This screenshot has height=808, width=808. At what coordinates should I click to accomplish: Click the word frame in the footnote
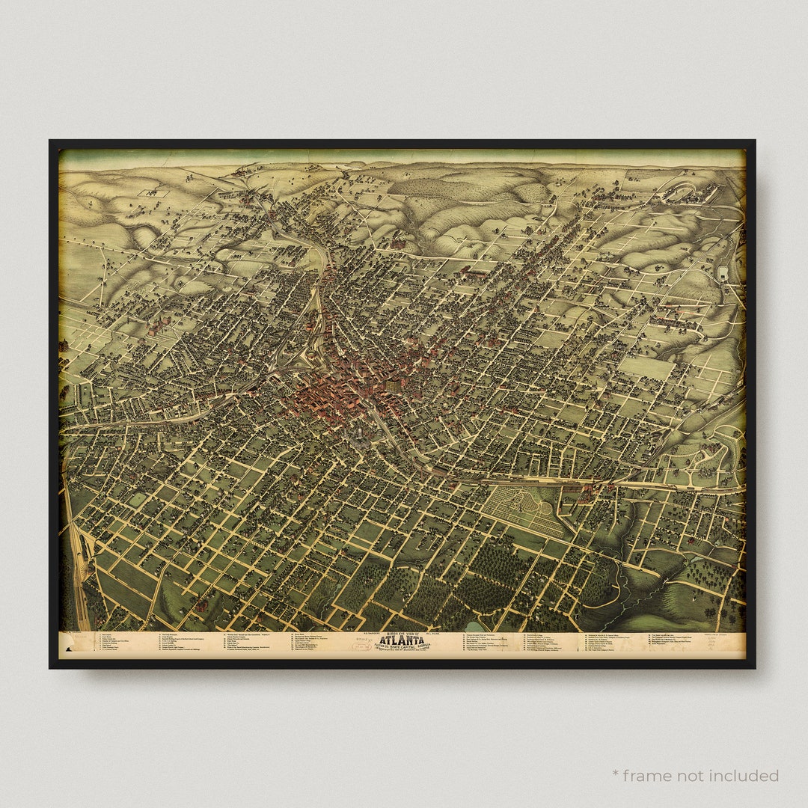[649, 775]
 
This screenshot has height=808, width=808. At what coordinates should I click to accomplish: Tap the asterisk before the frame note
[615, 774]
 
